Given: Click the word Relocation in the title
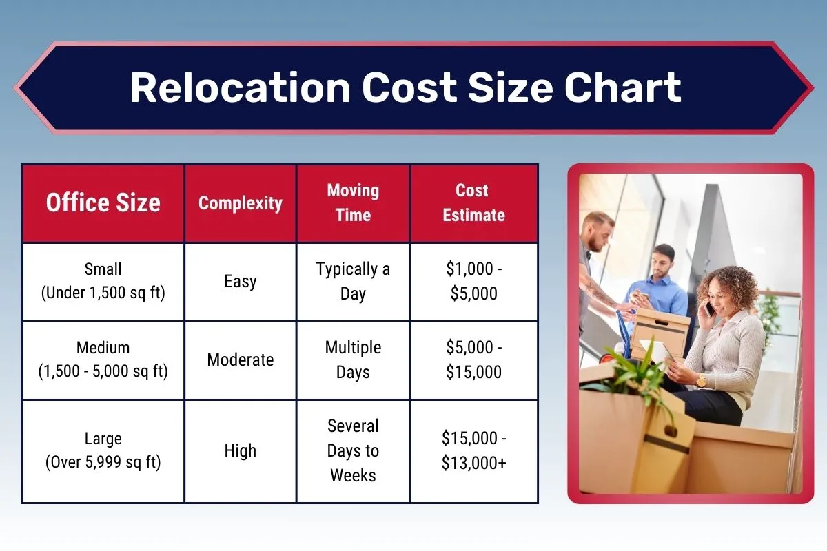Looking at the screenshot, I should click(239, 87).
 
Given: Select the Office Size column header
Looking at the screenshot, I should click(103, 203).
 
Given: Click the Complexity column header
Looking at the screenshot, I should click(241, 203).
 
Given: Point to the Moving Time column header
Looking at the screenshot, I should click(353, 202).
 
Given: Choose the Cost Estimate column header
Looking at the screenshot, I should click(473, 202).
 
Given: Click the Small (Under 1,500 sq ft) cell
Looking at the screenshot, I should click(103, 281).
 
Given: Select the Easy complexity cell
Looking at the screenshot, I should click(241, 281).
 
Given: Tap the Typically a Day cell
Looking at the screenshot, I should click(353, 281).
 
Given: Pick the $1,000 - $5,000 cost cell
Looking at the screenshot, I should click(473, 281).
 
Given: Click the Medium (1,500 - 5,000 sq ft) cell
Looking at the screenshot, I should click(103, 360).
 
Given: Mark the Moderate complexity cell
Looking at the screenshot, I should click(241, 360).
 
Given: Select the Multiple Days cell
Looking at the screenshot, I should click(353, 360).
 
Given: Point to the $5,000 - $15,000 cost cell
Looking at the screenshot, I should click(473, 360).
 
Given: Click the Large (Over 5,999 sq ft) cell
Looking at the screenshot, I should click(103, 450).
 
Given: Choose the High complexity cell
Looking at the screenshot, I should click(241, 450).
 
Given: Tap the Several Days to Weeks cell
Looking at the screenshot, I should click(353, 450).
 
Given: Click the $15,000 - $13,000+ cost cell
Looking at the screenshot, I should click(473, 450).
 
